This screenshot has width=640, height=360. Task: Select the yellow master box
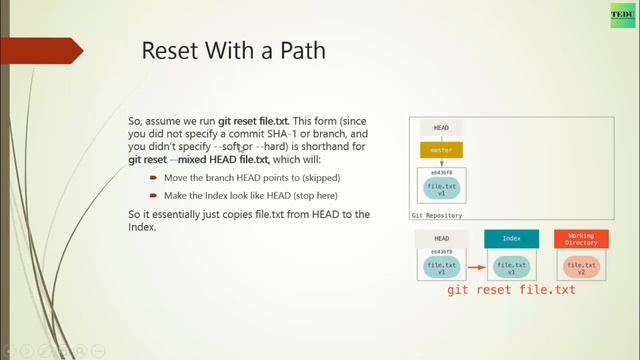click(x=441, y=151)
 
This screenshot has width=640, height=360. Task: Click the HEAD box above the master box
click(x=441, y=128)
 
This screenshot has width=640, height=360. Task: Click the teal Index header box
click(x=511, y=239)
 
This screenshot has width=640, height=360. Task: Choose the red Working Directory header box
click(x=581, y=239)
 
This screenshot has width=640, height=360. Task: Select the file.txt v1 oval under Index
click(x=511, y=267)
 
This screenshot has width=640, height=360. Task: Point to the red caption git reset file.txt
click(x=511, y=290)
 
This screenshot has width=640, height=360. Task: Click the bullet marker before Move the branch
click(x=153, y=178)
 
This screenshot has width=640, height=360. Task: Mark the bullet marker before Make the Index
click(x=153, y=195)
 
